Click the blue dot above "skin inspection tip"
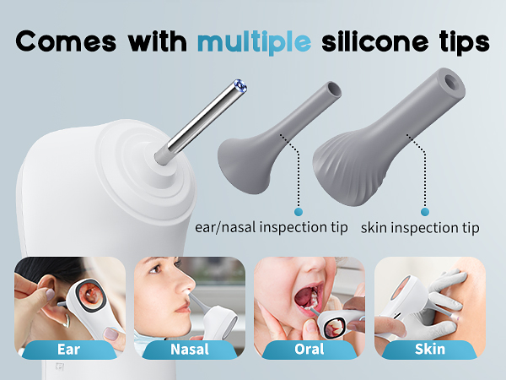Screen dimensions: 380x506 425,210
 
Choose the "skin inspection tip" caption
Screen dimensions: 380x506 420,228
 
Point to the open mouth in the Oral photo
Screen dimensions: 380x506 300,300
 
